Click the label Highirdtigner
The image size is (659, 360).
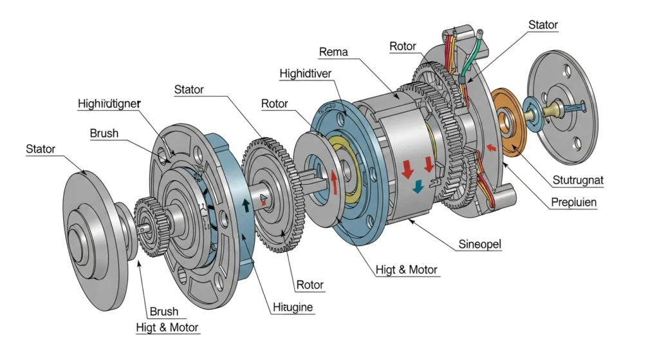coord(110,102)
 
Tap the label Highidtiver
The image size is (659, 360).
coord(306,73)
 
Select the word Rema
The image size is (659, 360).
coord(333,51)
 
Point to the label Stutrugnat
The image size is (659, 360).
coord(578,180)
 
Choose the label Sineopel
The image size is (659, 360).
coord(480,245)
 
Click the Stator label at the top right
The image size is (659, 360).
coord(543,25)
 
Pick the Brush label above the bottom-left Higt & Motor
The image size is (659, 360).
coord(163,312)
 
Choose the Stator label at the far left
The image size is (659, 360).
coord(41,149)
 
